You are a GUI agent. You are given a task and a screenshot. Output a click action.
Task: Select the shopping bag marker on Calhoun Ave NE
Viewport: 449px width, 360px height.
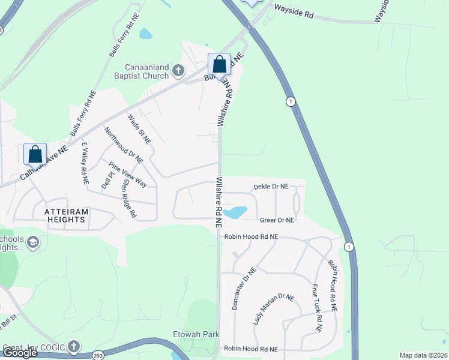(x=35, y=155)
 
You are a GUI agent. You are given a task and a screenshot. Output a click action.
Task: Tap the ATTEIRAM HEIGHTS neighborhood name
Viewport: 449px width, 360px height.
(x=68, y=216)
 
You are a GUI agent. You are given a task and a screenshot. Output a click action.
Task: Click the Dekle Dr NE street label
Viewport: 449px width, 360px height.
(x=271, y=187)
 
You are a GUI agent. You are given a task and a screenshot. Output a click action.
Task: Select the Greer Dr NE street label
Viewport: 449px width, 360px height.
(x=277, y=220)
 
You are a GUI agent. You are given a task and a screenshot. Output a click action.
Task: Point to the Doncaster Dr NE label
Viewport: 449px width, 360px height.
(x=244, y=289)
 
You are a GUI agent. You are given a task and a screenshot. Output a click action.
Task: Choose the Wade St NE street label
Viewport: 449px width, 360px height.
(x=139, y=128)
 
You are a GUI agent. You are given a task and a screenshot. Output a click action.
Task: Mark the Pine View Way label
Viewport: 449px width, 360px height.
(x=127, y=174)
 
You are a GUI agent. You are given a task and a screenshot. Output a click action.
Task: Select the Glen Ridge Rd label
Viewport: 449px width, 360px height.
(x=130, y=199)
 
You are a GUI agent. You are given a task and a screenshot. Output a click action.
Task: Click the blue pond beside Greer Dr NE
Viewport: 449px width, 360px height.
(x=235, y=212)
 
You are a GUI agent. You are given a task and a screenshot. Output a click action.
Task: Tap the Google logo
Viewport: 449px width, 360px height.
(x=20, y=353)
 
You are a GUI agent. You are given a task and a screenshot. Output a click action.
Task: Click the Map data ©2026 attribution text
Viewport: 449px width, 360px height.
(x=423, y=355)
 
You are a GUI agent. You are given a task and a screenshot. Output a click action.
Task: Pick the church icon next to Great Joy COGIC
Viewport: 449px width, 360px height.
(x=74, y=347)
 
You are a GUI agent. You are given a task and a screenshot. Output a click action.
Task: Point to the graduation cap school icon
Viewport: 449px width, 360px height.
(x=33, y=242)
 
